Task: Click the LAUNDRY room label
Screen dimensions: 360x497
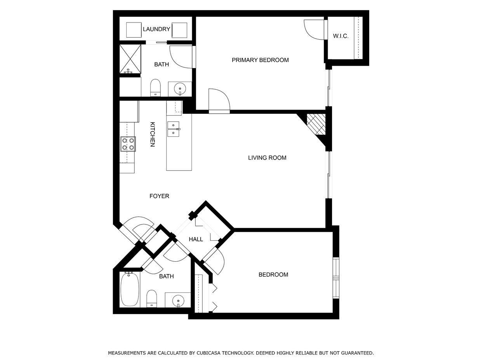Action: (x=156, y=29)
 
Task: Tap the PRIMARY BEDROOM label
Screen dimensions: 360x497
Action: (x=260, y=60)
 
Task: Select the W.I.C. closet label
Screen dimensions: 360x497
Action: (x=341, y=36)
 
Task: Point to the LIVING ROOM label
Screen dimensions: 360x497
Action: (x=267, y=158)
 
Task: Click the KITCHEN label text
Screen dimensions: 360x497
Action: (x=152, y=134)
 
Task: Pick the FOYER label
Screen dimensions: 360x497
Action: (x=159, y=196)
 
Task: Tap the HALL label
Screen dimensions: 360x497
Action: (x=196, y=239)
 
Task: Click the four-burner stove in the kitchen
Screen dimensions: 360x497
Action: (x=128, y=144)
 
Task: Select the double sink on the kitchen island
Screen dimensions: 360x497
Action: (x=173, y=129)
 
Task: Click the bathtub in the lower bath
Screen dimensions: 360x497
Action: (x=129, y=290)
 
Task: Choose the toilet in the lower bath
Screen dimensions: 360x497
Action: (x=151, y=298)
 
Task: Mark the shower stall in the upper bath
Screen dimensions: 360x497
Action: (x=130, y=59)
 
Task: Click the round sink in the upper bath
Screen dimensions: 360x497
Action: (x=180, y=89)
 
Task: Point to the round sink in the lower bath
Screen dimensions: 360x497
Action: (x=178, y=300)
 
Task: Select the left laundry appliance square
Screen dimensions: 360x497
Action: (x=134, y=30)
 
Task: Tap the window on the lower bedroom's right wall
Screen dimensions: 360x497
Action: (x=336, y=278)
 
